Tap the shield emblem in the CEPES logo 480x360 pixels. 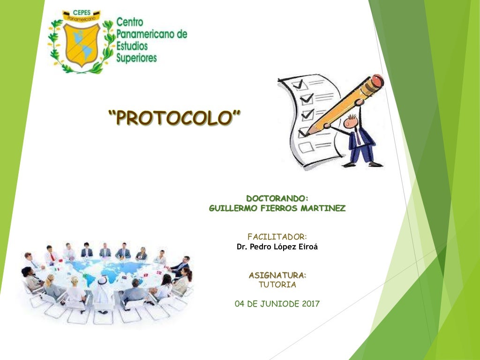coord(82,44)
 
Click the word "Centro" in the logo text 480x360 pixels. coord(129,22)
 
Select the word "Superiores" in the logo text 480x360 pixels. coord(136,58)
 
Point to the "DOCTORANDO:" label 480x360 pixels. coord(277,198)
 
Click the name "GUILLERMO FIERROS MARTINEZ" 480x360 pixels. coord(277,208)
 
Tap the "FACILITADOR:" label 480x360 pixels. coord(277,236)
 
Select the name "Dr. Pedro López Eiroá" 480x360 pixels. coord(277,247)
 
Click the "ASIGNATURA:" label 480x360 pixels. coord(277,275)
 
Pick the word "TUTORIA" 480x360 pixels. coord(277,285)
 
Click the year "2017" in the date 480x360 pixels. coord(310,304)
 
